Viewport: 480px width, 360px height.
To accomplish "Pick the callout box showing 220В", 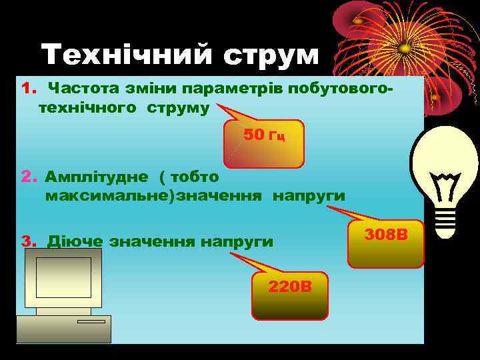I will (289, 295).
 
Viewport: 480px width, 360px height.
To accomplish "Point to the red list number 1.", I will (27, 89).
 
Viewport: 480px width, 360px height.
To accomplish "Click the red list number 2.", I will (27, 177).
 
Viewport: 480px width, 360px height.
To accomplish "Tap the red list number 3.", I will (27, 241).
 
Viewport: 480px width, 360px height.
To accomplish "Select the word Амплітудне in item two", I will (97, 177).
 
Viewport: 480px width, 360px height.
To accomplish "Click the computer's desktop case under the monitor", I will (64, 329).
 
